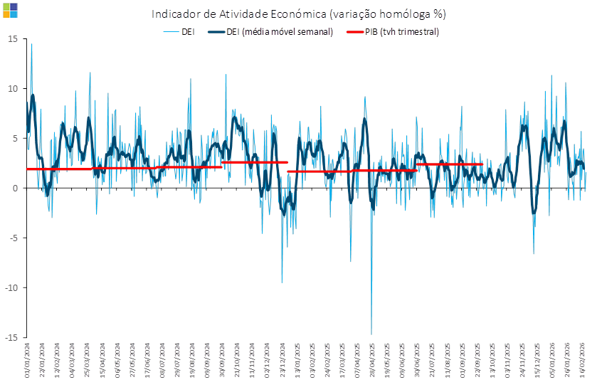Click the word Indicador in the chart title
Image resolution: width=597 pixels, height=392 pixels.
tap(173, 14)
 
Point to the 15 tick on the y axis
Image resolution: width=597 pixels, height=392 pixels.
tap(12, 38)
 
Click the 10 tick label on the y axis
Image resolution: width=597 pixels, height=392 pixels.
tap(12, 88)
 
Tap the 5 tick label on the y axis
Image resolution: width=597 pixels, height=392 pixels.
tap(14, 138)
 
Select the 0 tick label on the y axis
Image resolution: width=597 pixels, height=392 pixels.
tap(14, 188)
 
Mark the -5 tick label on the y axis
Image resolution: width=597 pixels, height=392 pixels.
tap(13, 238)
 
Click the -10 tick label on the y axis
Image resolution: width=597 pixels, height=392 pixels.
tap(11, 287)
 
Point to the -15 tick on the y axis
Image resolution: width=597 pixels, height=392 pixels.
tap(11, 337)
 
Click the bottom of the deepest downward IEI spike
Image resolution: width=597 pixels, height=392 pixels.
tap(371, 334)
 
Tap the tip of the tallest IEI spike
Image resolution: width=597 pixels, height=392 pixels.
tap(31, 44)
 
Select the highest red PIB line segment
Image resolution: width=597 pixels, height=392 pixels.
tap(255, 162)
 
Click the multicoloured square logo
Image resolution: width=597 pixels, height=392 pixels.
tap(10, 10)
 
